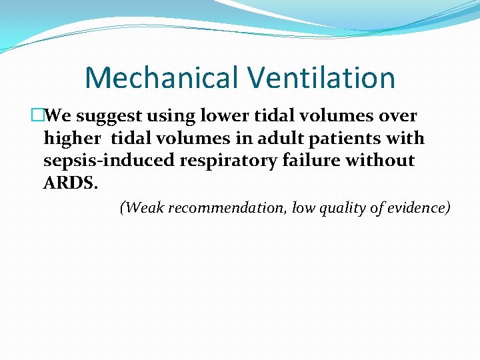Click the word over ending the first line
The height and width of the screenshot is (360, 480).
tap(399, 116)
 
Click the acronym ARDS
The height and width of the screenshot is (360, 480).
tap(70, 183)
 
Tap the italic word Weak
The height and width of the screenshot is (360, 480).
tap(144, 208)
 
